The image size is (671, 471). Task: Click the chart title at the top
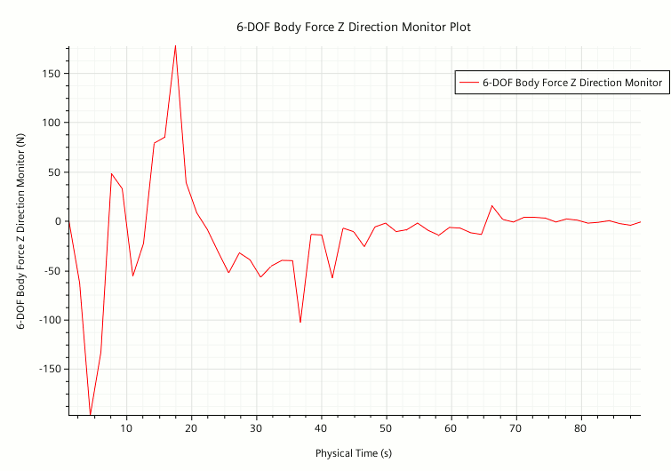353,27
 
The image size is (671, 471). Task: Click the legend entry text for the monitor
571,83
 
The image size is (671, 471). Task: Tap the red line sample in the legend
468,83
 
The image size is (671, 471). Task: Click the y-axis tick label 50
52,172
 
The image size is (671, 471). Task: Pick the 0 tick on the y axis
56,221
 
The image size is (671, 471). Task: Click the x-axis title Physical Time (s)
353,453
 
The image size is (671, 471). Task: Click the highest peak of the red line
175,45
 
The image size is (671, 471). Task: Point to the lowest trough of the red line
91,414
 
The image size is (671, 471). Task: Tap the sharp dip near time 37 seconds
300,322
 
